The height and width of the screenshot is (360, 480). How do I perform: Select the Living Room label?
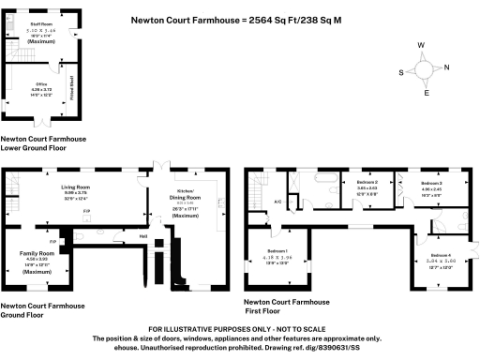point(75,187)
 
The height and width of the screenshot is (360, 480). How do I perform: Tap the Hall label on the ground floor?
point(144,236)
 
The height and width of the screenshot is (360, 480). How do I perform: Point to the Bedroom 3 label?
point(431,182)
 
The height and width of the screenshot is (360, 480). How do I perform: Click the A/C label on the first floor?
point(278,202)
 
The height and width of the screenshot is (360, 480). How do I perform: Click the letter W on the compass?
point(424,45)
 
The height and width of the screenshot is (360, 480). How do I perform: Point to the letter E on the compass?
point(427,93)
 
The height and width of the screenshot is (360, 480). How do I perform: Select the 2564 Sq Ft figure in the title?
point(279,18)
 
